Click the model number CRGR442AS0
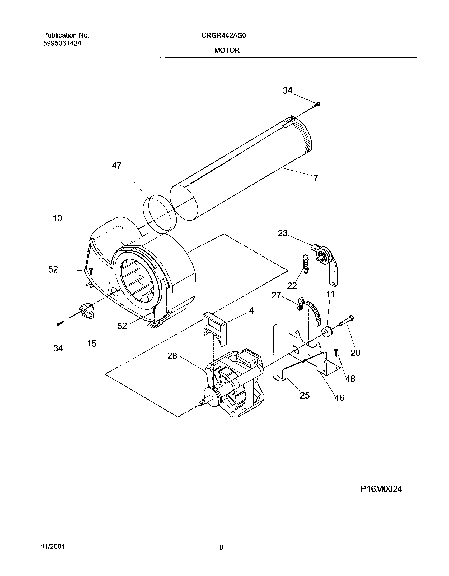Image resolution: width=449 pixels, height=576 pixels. pos(223,36)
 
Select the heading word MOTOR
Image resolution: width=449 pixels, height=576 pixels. pos(227,51)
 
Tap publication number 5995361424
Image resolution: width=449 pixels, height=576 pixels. pos(62,43)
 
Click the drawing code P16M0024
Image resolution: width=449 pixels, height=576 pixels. pos(381,489)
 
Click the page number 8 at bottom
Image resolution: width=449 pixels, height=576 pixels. pos(221,547)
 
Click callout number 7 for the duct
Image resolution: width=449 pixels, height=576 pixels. pos(316,179)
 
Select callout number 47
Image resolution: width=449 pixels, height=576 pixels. pos(116,166)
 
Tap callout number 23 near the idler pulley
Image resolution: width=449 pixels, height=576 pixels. pos(283,233)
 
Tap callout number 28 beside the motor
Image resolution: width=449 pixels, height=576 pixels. pos(172,356)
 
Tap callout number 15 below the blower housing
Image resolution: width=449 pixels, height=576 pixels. pos(92,344)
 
